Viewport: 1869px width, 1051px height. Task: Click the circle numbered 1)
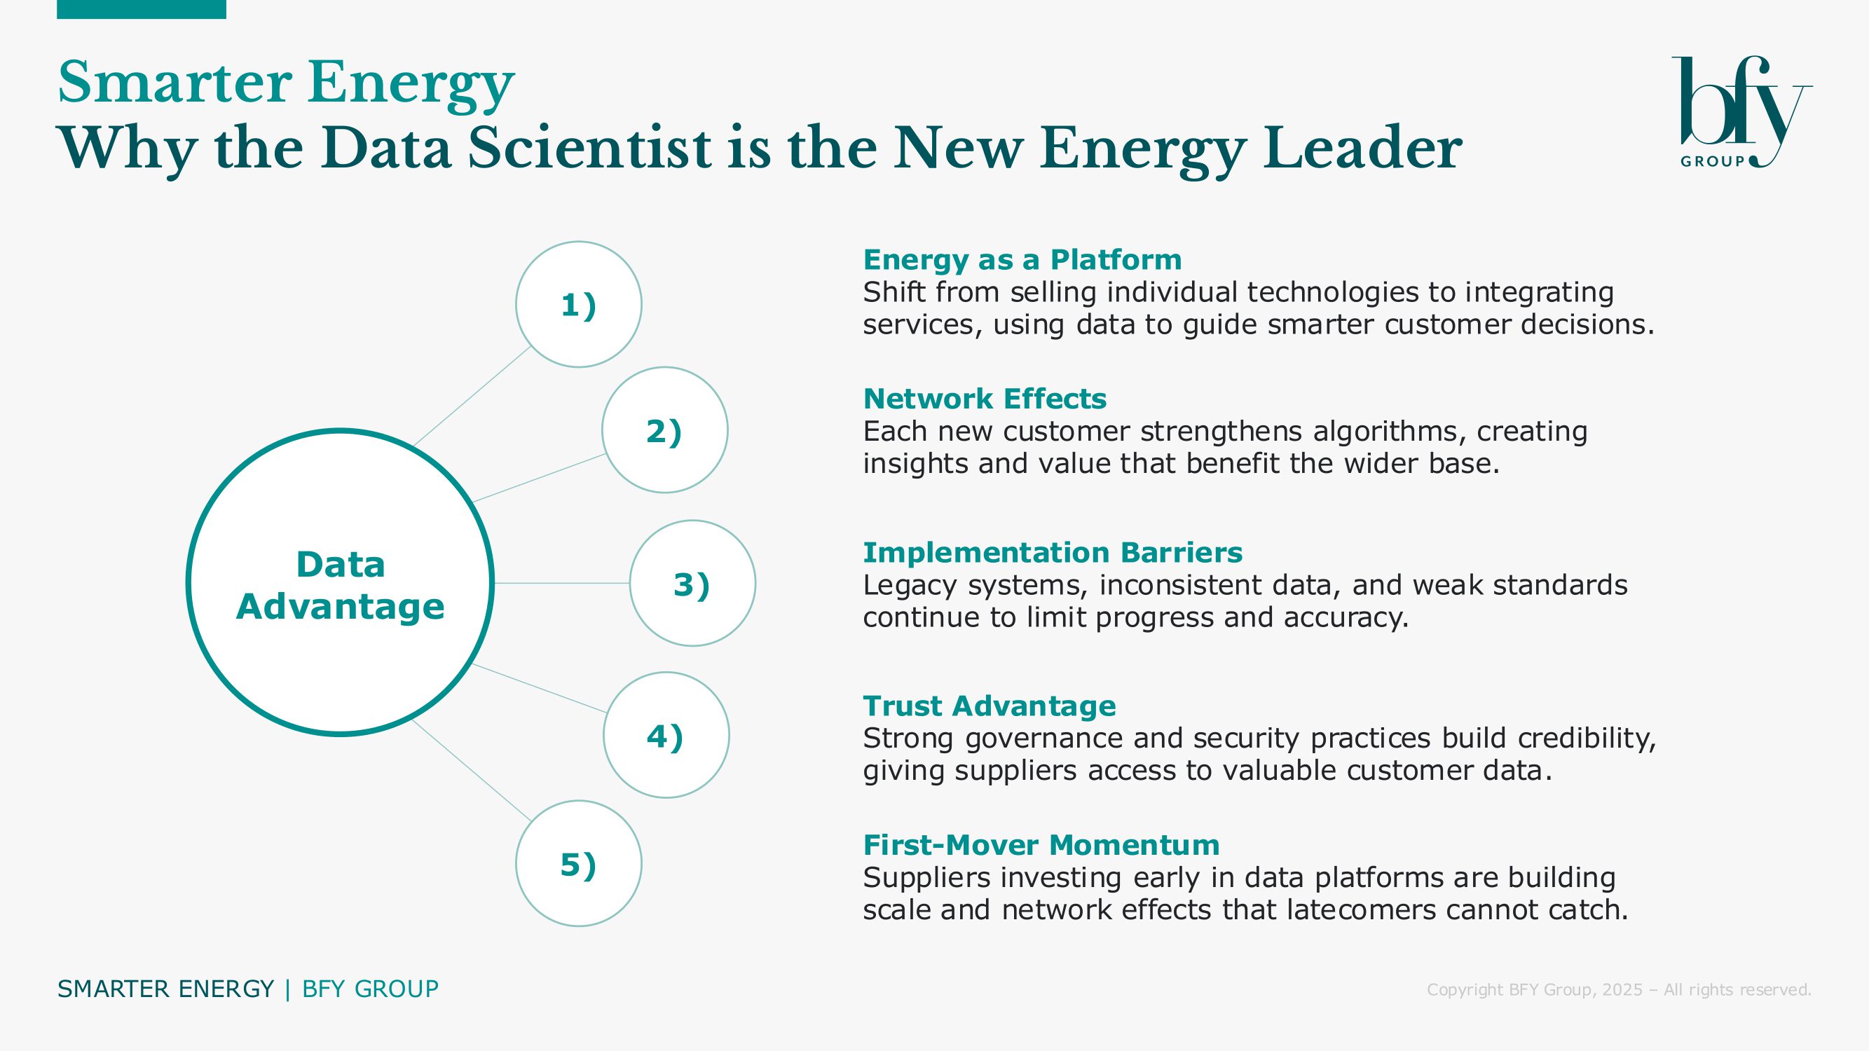578,304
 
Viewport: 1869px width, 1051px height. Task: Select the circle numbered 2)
664,430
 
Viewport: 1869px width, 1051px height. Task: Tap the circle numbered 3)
692,583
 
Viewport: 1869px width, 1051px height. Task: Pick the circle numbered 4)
666,736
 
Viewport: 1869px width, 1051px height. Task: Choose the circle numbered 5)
578,863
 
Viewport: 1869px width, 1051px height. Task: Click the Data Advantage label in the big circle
341,585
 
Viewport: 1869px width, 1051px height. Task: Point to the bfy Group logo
1741,111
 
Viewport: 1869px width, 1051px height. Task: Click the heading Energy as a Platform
1022,259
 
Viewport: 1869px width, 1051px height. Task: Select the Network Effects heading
985,398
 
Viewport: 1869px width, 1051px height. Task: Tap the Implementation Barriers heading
1053,553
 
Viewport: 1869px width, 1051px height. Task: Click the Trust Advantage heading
990,706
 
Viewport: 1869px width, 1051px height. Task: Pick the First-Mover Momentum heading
1041,845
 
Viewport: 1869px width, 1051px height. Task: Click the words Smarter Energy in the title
286,84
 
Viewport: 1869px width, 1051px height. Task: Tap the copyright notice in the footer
1619,989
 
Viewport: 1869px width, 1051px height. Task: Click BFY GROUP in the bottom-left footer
370,989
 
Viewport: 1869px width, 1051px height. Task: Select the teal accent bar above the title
142,8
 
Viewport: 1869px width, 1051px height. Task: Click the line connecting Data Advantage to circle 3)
561,583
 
